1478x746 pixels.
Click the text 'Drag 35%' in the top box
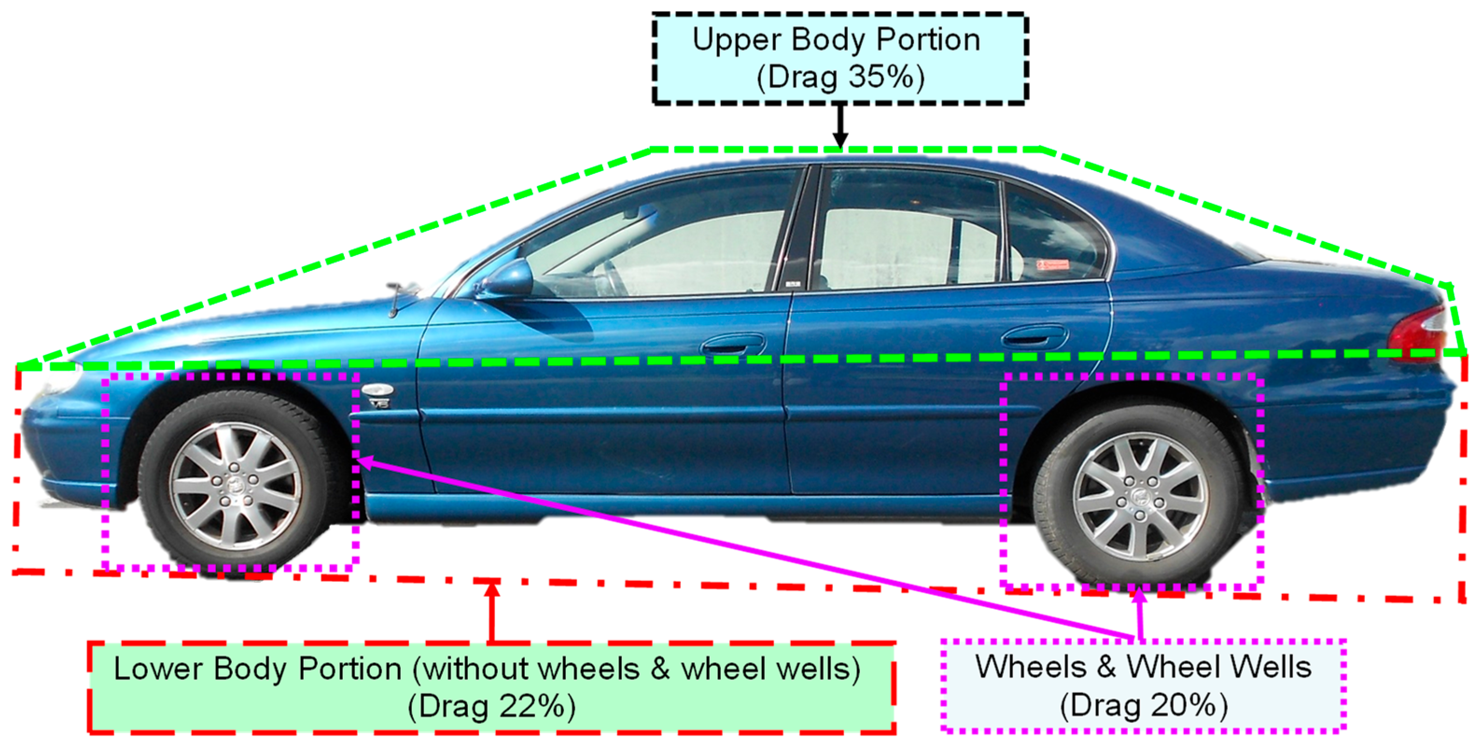(x=841, y=77)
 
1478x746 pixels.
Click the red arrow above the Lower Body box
(x=491, y=610)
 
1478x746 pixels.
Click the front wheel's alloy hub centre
(x=236, y=486)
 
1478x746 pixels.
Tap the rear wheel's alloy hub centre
(x=1140, y=496)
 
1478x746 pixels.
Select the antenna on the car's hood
(x=395, y=298)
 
